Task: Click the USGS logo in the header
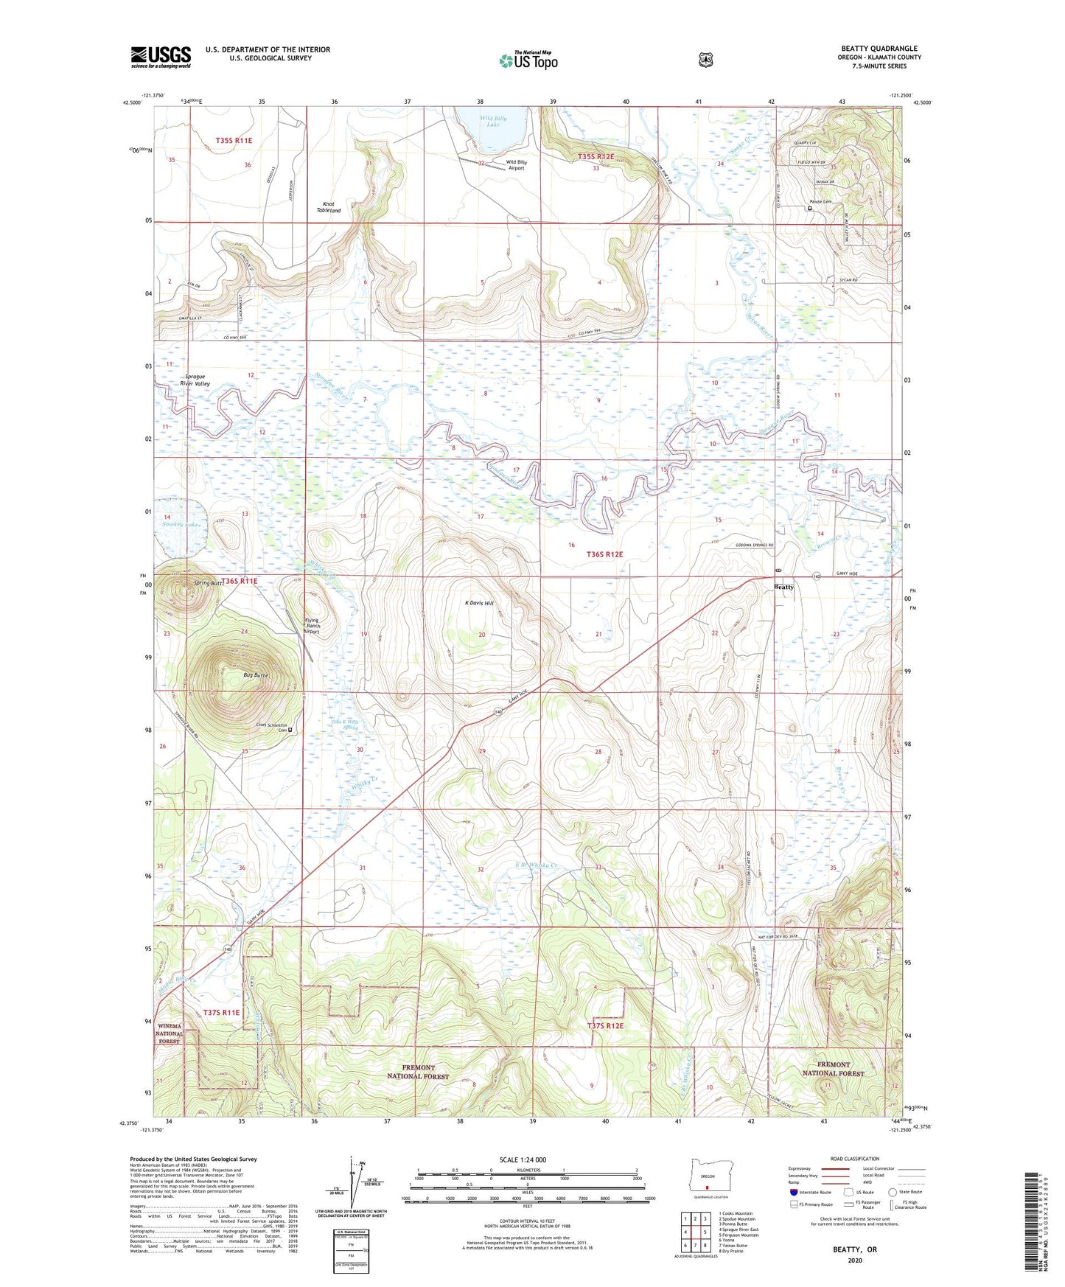coord(161,57)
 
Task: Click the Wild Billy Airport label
coord(515,164)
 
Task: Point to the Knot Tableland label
coord(329,207)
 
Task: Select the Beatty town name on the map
coord(784,587)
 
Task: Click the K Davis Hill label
coord(479,603)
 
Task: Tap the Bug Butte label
coord(255,675)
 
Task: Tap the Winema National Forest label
coord(169,1034)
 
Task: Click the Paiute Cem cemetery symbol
coord(809,209)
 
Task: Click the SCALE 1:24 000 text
coord(523,1159)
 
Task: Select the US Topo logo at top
coord(528,60)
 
